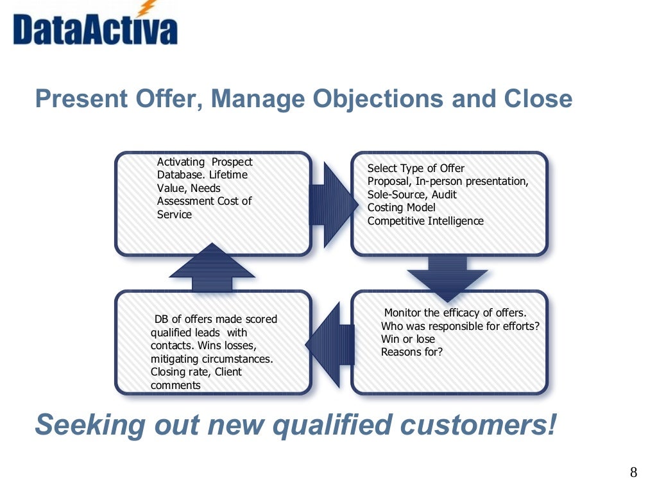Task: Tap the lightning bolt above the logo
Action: (x=148, y=8)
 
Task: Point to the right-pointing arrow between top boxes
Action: (x=334, y=205)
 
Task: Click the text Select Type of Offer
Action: (x=416, y=168)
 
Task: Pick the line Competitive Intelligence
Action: (x=425, y=221)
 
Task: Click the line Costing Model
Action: (x=401, y=207)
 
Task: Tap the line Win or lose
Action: (x=407, y=339)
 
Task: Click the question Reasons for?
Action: (x=411, y=352)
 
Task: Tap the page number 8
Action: (x=633, y=473)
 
